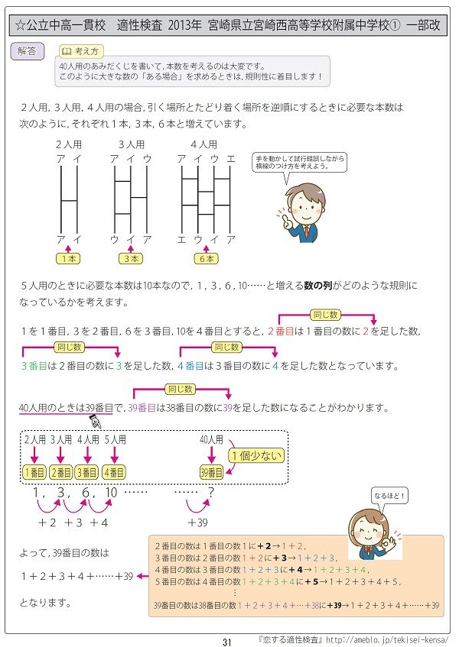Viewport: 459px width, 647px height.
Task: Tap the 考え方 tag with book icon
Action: point(80,52)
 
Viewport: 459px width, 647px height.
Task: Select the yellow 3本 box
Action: point(132,259)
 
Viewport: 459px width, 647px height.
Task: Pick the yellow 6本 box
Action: point(206,259)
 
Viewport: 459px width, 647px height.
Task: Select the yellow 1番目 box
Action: point(34,472)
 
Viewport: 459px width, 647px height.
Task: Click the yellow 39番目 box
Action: point(210,472)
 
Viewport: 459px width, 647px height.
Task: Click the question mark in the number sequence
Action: point(211,493)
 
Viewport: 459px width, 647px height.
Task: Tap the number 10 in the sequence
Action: point(112,493)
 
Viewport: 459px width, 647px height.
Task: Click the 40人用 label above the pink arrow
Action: point(210,439)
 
